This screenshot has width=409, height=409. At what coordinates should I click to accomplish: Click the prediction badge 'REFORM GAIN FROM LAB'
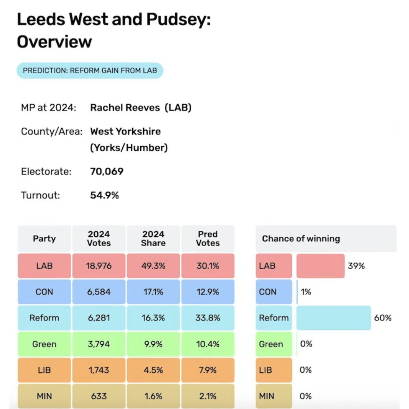click(90, 70)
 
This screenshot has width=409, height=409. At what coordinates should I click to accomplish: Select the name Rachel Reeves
click(125, 108)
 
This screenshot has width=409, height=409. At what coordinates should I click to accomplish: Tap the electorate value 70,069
click(107, 172)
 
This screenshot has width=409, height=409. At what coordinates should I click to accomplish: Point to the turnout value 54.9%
click(104, 195)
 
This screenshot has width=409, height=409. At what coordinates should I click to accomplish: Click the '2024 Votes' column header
click(99, 239)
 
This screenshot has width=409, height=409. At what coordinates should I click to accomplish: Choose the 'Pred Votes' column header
click(208, 239)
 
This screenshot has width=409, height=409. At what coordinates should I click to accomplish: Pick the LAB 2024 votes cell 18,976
click(99, 266)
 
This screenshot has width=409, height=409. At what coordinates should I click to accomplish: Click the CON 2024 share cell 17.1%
click(153, 292)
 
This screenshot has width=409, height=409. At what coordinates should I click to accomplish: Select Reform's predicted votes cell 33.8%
click(208, 318)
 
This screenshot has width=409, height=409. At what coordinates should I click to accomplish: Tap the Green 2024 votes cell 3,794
click(99, 344)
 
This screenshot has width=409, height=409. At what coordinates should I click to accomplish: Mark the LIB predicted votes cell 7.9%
click(208, 370)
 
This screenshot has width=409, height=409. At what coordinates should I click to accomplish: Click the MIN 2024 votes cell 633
click(99, 396)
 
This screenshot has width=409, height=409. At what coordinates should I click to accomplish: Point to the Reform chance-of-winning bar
click(333, 318)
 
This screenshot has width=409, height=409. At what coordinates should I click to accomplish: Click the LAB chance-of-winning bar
click(321, 266)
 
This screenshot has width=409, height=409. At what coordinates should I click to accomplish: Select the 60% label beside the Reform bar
click(383, 318)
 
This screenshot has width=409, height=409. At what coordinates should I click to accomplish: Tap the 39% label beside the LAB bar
click(356, 266)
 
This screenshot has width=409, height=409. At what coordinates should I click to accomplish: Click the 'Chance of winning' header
click(301, 239)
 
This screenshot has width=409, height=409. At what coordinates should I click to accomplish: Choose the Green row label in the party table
click(44, 344)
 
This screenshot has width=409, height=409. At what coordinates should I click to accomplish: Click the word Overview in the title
click(54, 42)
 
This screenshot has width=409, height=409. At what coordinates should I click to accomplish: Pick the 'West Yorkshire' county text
click(125, 131)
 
